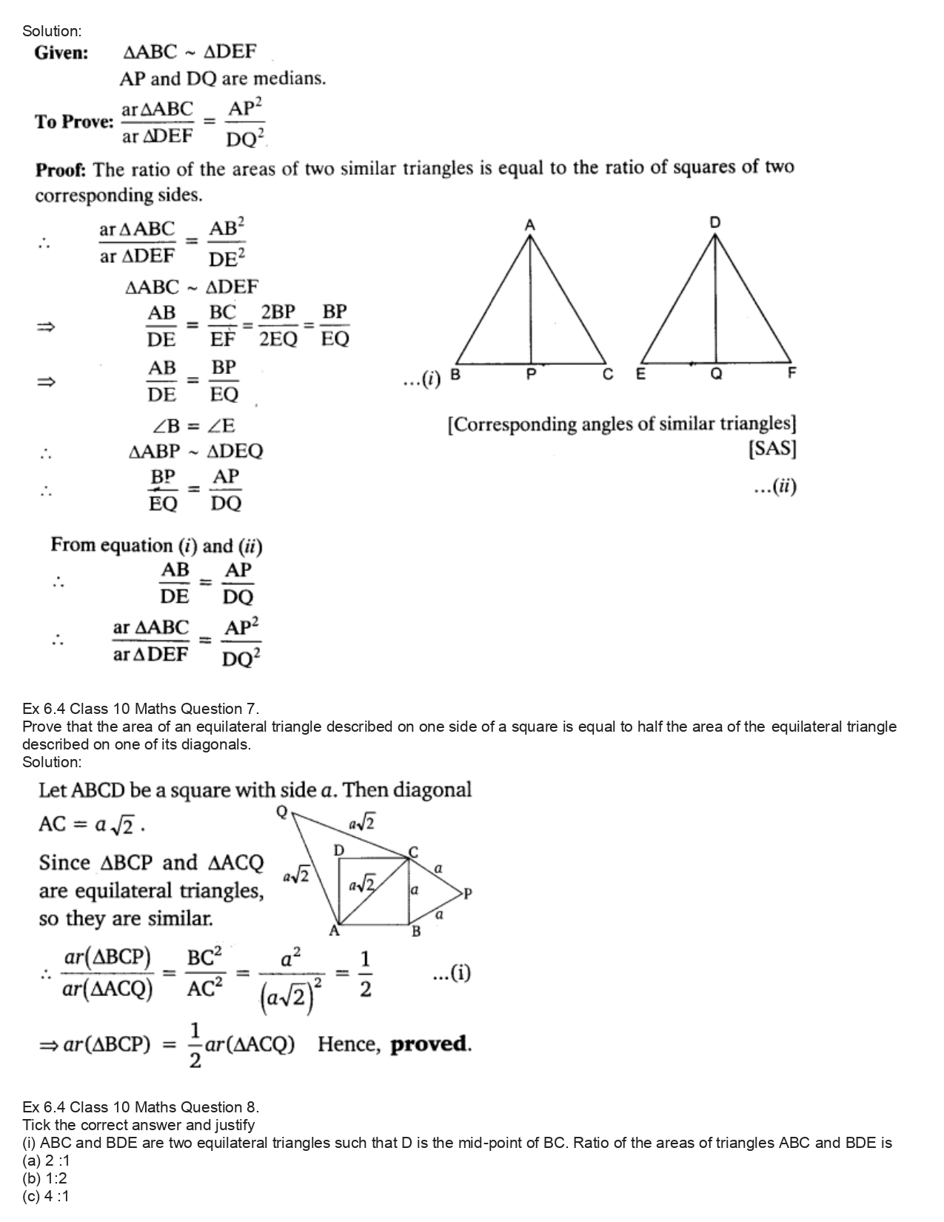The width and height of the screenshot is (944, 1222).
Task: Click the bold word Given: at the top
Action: point(61,53)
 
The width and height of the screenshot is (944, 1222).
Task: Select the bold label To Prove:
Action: point(74,122)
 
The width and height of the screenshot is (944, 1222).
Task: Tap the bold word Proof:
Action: point(61,170)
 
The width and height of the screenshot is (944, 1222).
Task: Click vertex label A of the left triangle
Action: point(530,224)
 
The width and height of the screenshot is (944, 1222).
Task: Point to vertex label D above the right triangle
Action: point(714,222)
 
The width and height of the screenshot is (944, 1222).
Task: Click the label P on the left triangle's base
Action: point(530,375)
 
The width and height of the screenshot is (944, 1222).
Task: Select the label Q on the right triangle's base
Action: point(715,375)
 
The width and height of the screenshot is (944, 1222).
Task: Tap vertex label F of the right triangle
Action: point(791,373)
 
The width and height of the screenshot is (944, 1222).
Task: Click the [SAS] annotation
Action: point(772,449)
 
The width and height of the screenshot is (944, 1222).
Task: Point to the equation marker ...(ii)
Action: point(774,487)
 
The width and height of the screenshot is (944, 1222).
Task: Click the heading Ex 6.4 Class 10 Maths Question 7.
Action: point(141,709)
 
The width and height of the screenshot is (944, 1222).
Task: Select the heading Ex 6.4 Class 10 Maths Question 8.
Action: point(141,1107)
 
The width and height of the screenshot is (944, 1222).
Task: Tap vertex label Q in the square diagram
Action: point(281,812)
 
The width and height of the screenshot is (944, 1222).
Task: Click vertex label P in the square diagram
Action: point(466,893)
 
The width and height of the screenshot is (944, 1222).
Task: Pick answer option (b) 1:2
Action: point(44,1178)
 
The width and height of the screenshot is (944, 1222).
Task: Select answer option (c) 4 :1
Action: point(46,1196)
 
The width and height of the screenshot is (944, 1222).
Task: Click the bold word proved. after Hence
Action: point(431,1044)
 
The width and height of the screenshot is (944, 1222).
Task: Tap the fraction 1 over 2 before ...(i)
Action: point(364,974)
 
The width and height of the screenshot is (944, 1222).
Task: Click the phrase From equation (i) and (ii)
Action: point(156,546)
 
